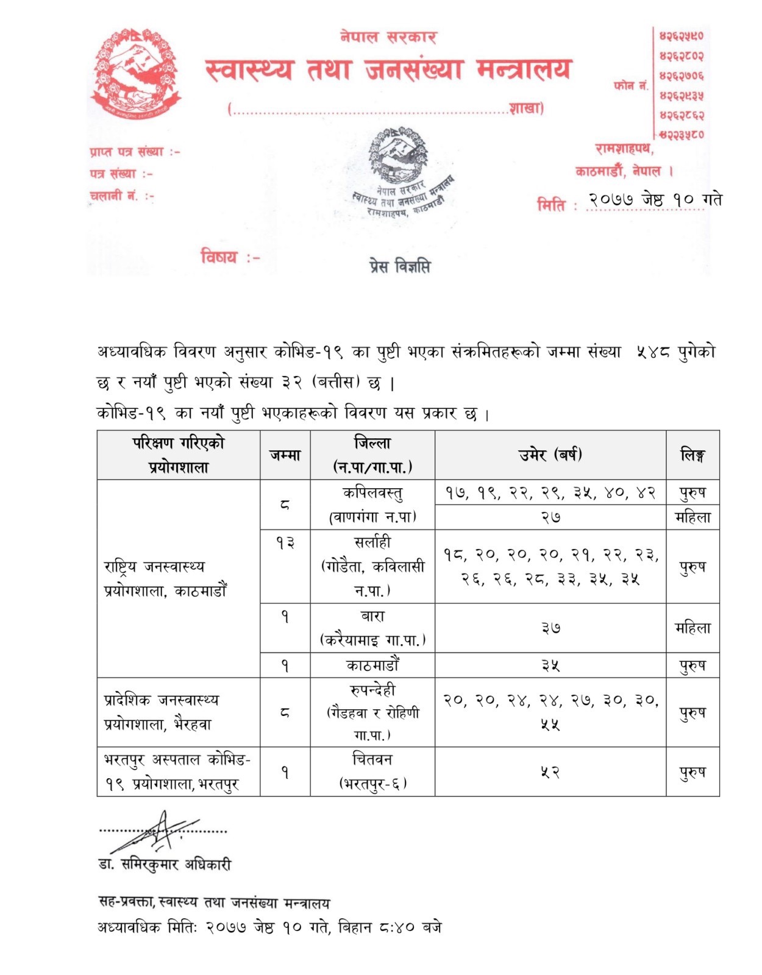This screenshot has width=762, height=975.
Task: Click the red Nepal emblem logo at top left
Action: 136,73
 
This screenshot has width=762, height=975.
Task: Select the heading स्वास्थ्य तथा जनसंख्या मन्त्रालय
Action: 388,70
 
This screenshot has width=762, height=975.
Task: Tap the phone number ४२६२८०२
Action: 681,56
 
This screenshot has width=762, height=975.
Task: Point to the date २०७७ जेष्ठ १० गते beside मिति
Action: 655,200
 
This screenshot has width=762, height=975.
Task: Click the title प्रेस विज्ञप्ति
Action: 399,266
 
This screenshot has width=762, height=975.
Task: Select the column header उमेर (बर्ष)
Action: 550,455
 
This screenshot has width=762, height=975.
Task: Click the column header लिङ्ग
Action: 693,455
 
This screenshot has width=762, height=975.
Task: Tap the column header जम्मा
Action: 285,455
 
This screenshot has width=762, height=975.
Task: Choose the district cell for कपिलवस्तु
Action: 372,505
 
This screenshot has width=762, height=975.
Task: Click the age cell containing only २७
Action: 550,517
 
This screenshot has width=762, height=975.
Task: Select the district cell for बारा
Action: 372,628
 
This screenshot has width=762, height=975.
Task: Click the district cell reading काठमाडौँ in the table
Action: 372,665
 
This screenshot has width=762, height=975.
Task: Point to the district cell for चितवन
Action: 372,771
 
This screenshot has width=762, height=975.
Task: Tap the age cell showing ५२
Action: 550,772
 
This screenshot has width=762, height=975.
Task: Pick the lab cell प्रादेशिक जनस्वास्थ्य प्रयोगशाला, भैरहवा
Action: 162,712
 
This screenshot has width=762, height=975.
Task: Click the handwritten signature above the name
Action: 155,832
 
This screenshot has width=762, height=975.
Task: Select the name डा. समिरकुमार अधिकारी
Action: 165,864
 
